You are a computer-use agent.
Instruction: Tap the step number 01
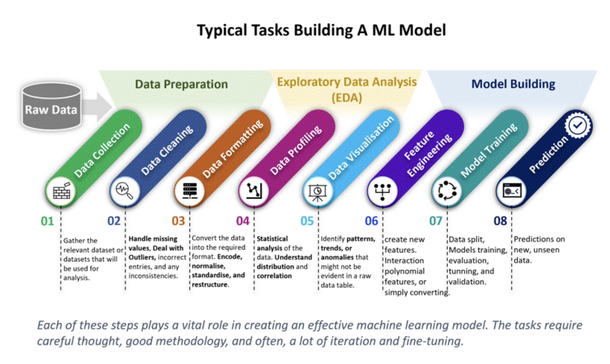(x=47, y=222)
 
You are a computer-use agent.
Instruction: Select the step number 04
(x=243, y=221)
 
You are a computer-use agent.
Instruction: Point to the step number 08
(x=500, y=221)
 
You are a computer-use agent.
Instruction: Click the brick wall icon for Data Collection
(x=61, y=191)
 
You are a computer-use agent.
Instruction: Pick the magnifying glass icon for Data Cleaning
(x=125, y=191)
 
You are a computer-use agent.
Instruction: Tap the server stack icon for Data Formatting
(x=189, y=191)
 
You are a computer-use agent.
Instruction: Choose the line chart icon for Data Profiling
(x=254, y=191)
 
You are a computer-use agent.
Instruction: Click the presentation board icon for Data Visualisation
(x=318, y=192)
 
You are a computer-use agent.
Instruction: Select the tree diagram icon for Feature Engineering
(x=382, y=191)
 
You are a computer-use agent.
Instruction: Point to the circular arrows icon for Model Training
(x=447, y=191)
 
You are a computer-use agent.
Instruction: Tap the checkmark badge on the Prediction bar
(x=578, y=125)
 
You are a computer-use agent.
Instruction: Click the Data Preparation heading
(x=181, y=84)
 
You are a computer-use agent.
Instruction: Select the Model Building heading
(x=513, y=84)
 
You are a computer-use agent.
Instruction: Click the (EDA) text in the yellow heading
(x=347, y=98)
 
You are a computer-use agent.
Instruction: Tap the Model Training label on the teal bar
(x=489, y=150)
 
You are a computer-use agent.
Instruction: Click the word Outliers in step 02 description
(x=142, y=257)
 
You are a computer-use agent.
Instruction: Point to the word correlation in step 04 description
(x=274, y=276)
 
